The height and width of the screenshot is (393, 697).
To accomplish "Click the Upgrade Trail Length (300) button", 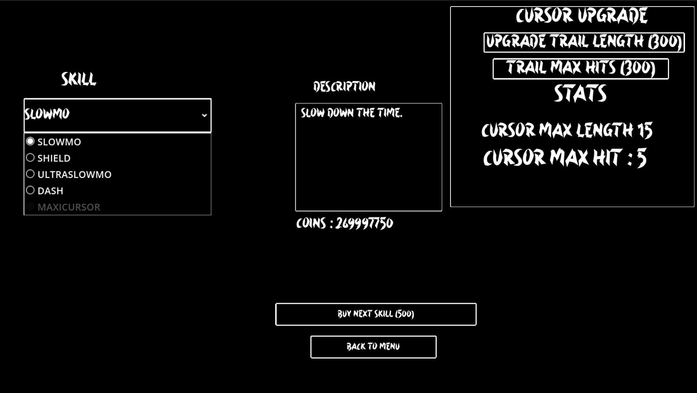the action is coord(584,42).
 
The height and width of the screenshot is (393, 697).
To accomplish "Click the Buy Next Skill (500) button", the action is coord(376,314).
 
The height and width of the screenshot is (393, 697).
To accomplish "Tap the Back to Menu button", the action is coord(373,347).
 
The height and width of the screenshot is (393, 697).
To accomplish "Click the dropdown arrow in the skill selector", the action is coord(204,115).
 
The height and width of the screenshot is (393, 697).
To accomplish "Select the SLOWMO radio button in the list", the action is coord(30,141).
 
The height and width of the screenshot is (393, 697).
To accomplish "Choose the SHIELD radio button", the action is coord(30,158).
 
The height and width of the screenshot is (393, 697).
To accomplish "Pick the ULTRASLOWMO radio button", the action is coord(30,174).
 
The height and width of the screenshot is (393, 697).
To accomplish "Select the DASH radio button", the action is coord(30,190).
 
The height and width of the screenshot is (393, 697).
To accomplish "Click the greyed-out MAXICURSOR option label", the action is coord(69,207).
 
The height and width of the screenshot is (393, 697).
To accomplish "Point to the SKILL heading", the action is coord(79,79).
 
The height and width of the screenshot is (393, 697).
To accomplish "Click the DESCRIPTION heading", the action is coord(344,87).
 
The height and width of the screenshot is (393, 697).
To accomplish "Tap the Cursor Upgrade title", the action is coord(581,16).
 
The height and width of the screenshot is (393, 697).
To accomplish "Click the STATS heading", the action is coord(580,94).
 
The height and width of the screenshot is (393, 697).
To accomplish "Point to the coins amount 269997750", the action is coord(364,223).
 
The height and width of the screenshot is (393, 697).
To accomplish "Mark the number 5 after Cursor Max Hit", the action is coord(641,158).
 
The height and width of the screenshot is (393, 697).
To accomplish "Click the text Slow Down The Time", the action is coord(351,113).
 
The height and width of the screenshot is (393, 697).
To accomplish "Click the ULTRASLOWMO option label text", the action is coord(75,175).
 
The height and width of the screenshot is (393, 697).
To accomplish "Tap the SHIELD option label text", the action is coord(54,158).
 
